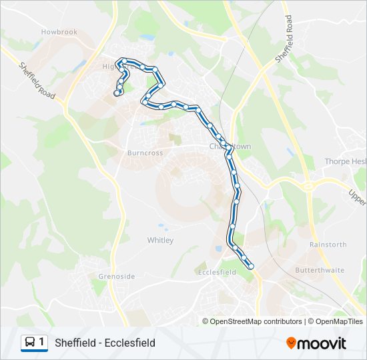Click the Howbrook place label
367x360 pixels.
point(59,31)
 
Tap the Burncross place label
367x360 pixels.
point(145,153)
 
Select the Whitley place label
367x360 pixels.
point(160,240)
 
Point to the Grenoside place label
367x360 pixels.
point(116,276)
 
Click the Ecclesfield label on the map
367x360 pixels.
point(217,272)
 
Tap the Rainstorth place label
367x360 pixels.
point(328,245)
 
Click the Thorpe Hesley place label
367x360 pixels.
point(345,161)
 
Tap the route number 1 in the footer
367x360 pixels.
point(42,343)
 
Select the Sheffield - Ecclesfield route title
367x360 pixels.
point(105,343)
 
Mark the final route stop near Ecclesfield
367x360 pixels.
point(252,267)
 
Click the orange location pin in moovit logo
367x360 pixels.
point(292,343)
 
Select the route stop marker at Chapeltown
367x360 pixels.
point(229,147)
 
